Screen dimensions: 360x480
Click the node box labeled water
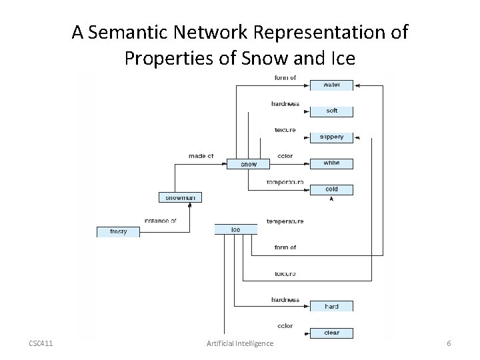click(x=331, y=85)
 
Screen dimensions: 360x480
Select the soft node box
click(x=331, y=111)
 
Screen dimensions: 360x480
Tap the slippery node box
click(x=331, y=137)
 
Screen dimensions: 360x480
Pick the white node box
click(x=331, y=163)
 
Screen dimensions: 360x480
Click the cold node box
click(x=331, y=189)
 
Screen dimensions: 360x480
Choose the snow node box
click(x=249, y=164)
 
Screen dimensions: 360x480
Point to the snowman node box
click(x=180, y=197)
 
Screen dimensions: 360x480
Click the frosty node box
click(x=118, y=232)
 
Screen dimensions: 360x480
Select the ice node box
click(x=235, y=229)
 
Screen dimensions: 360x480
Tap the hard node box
click(x=331, y=307)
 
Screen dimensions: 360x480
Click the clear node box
click(x=331, y=333)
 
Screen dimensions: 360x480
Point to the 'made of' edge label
click(x=201, y=157)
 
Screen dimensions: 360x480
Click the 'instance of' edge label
click(x=160, y=221)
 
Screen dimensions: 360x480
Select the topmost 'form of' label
click(x=285, y=78)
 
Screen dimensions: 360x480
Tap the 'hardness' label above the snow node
click(x=285, y=104)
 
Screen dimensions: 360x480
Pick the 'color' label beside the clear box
click(x=285, y=326)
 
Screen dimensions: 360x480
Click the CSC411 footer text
click(x=41, y=343)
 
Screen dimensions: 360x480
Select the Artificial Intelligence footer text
click(x=239, y=343)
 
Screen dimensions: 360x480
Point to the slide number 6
click(x=449, y=343)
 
